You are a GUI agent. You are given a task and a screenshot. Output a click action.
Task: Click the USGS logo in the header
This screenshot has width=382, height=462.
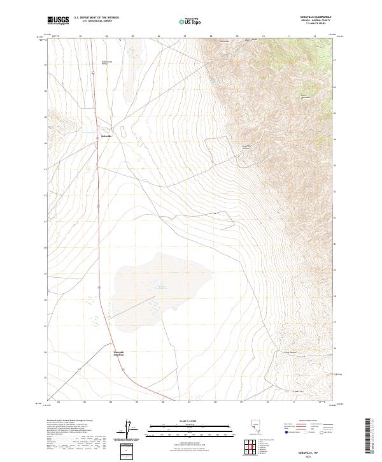pyautogui.click(x=59, y=20)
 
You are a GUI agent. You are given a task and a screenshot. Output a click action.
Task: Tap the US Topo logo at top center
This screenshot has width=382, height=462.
pyautogui.click(x=190, y=21)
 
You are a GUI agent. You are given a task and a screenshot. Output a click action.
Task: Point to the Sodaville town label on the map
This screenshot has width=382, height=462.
pyautogui.click(x=108, y=136)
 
